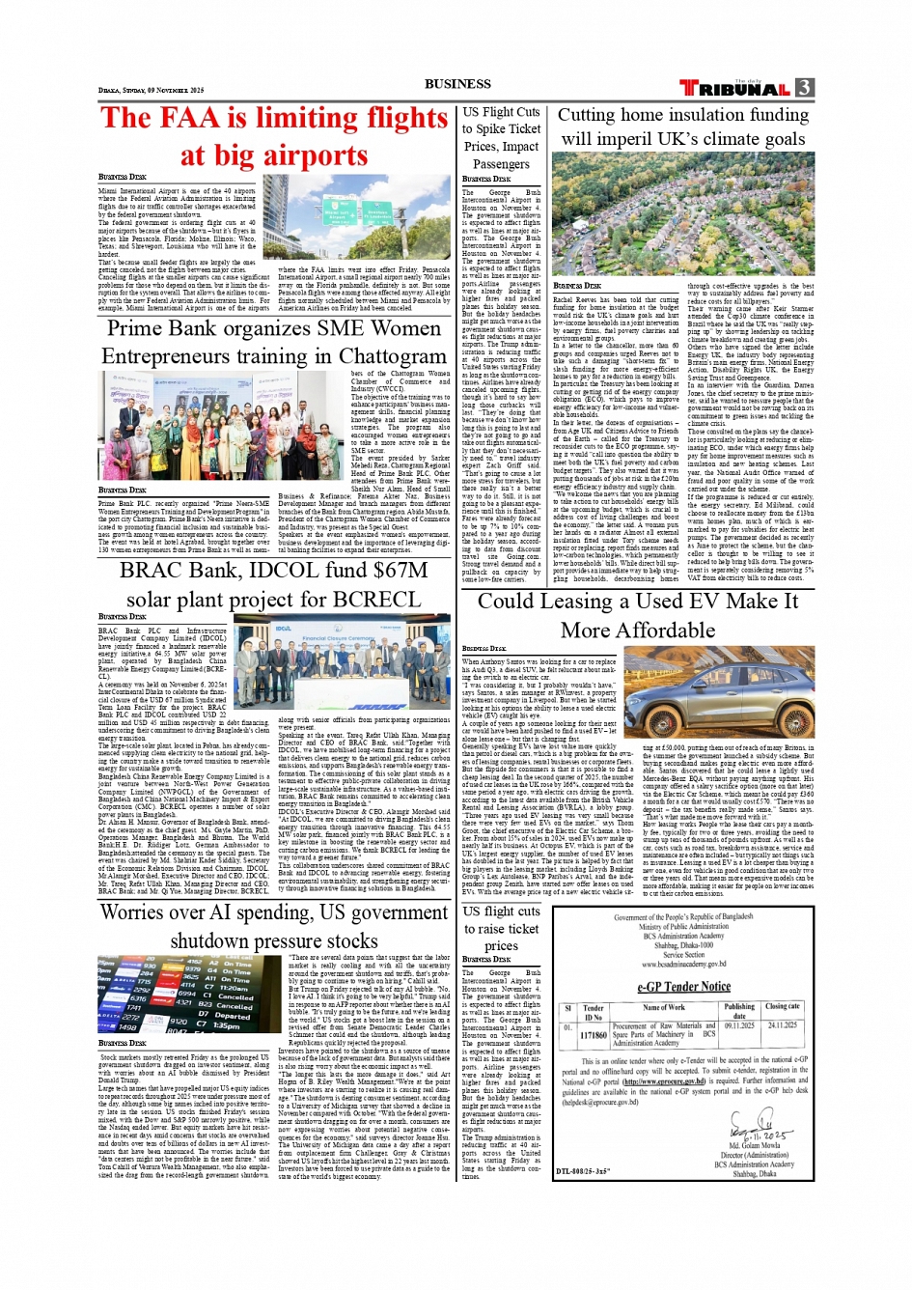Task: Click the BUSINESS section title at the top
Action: tap(456, 84)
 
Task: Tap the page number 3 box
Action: tap(804, 88)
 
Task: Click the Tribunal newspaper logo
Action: tap(736, 89)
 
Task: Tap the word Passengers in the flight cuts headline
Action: tap(501, 164)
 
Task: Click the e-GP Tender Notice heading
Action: tap(683, 986)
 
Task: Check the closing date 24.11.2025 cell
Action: tap(782, 1025)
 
